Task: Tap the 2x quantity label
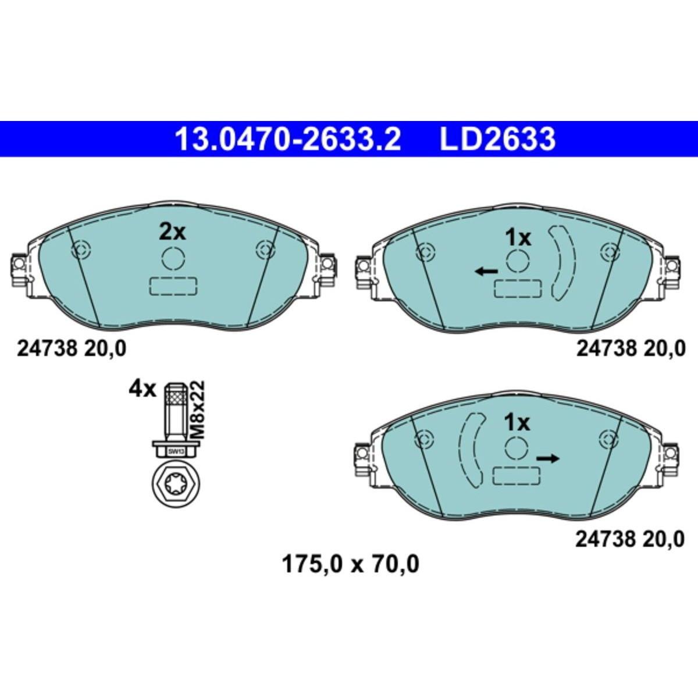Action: [x=172, y=232]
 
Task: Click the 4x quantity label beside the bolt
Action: [x=142, y=390]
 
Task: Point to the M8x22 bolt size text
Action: [x=198, y=409]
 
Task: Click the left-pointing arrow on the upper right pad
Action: [x=487, y=270]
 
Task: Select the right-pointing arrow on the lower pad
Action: [x=548, y=458]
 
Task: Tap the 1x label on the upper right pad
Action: [x=518, y=238]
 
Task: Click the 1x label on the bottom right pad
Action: [x=517, y=423]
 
